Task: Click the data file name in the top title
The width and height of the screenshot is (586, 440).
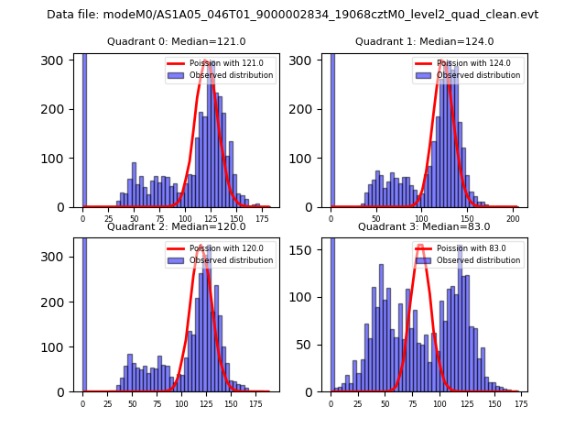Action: click(292, 15)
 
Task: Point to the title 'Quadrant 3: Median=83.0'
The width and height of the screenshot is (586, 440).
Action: click(424, 226)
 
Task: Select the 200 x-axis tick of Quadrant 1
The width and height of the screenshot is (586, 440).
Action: click(514, 219)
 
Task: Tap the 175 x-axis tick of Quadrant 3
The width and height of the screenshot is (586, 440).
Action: click(521, 403)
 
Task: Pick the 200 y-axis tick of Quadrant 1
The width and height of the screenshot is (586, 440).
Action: click(308, 109)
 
